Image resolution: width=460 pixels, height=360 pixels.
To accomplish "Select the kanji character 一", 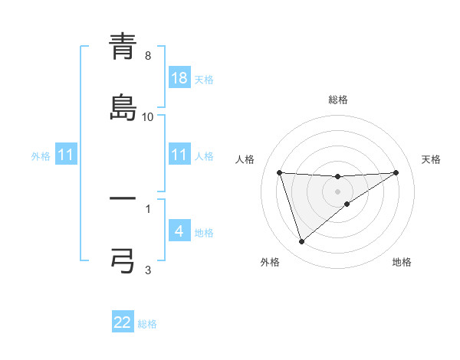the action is (123, 200).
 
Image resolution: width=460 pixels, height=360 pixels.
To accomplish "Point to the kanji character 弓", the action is (123, 260).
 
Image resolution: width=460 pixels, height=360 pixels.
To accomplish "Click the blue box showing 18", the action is (179, 78).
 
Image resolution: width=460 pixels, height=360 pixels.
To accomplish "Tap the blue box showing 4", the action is (179, 231).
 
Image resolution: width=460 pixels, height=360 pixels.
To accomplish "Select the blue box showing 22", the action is (123, 322).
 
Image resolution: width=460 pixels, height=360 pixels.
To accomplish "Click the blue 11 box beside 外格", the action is (66, 155).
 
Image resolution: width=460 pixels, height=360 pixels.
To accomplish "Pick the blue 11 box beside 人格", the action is (179, 155).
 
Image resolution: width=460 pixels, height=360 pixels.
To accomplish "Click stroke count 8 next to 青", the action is (147, 56).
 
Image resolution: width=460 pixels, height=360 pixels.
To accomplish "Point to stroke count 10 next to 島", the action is (148, 116).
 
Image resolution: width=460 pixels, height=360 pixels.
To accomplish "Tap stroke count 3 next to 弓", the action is (147, 270).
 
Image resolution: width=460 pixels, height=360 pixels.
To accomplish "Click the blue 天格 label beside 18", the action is (204, 79).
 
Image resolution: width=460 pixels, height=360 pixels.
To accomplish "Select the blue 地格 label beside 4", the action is (204, 232).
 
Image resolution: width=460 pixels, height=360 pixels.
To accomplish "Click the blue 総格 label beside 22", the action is (147, 324).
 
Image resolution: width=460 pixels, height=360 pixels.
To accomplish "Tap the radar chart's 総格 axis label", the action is (338, 100).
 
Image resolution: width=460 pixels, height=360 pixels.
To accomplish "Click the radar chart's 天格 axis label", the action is (432, 159).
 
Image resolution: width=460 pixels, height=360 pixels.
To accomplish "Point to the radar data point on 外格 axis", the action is (301, 242).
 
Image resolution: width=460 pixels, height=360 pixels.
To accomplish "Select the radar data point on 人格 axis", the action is (280, 172).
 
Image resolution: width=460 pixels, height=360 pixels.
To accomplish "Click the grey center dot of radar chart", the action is (338, 191).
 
